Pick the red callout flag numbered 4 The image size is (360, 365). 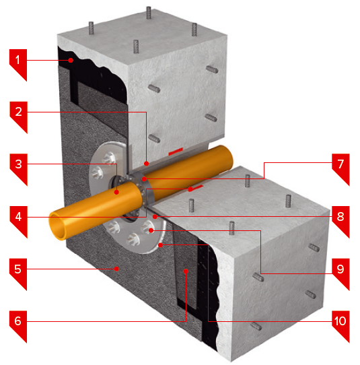click(x=19, y=220)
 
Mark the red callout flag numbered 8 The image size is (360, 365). click(x=340, y=220)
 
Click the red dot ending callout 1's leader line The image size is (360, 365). click(x=71, y=61)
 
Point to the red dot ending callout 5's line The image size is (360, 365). click(x=116, y=269)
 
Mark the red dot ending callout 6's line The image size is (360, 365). click(x=186, y=271)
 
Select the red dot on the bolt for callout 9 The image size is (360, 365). click(x=151, y=230)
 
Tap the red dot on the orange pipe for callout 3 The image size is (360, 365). click(x=116, y=192)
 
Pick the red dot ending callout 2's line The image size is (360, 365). click(x=146, y=164)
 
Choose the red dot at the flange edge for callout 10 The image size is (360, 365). click(x=160, y=245)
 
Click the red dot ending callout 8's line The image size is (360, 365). click(x=155, y=217)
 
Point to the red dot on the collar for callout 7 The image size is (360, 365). click(x=144, y=179)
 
